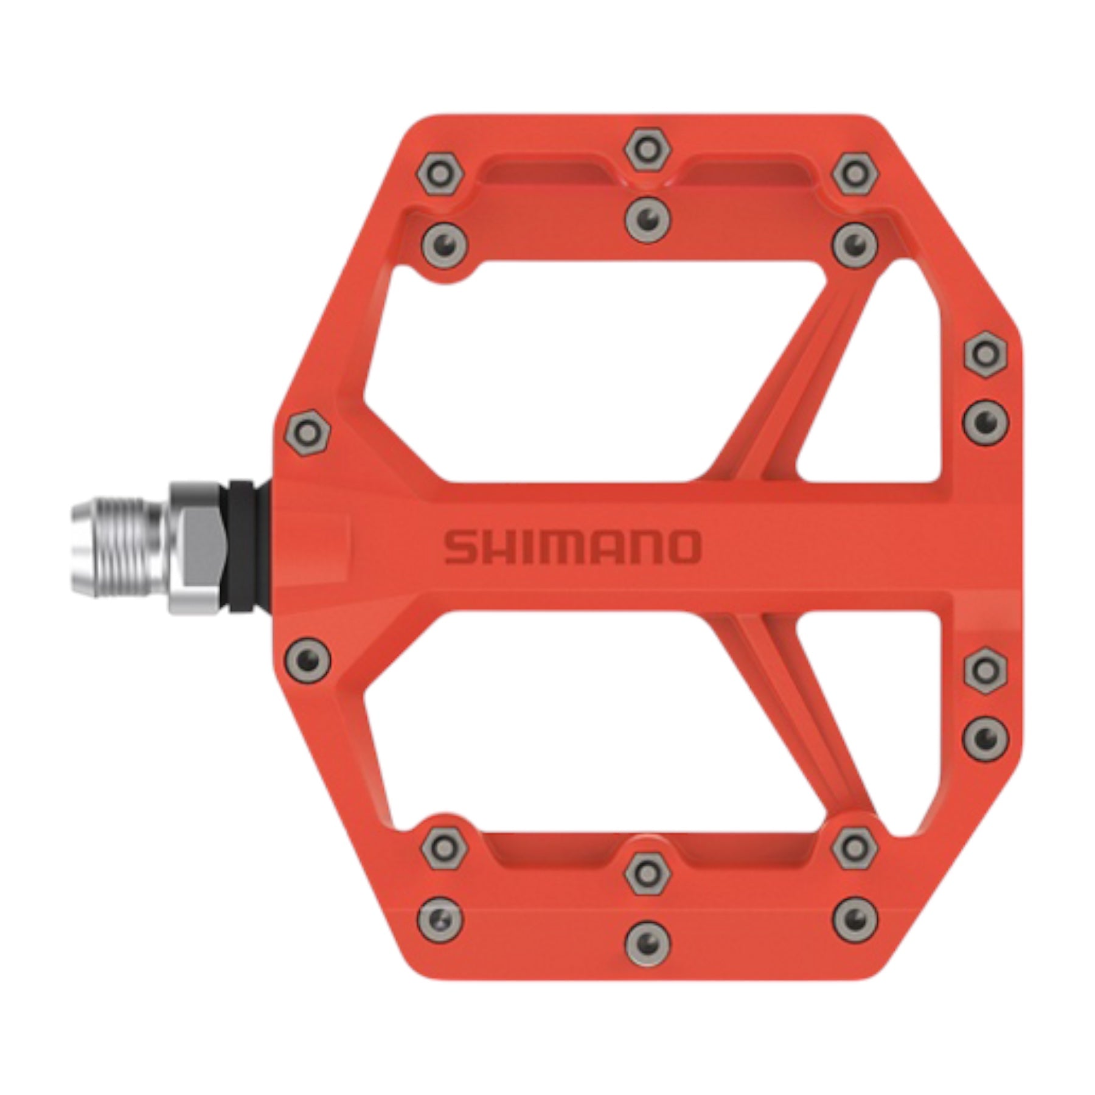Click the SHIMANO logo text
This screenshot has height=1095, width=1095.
(572, 547)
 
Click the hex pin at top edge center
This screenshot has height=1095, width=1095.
(648, 148)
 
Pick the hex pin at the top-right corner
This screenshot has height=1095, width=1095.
(856, 174)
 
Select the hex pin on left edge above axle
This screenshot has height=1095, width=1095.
(308, 433)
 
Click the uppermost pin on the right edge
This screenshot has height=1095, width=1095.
(985, 354)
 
